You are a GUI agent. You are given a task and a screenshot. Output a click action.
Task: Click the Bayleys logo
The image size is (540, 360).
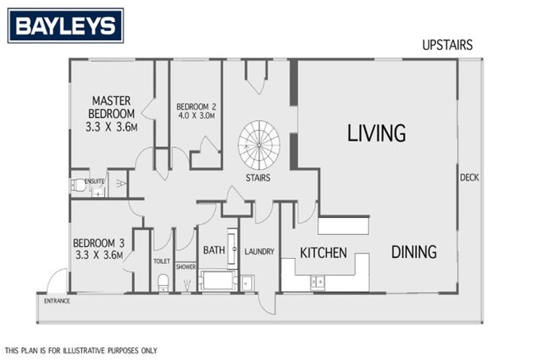(65, 26)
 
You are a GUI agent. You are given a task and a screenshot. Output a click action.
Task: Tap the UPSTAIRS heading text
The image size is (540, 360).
(447, 45)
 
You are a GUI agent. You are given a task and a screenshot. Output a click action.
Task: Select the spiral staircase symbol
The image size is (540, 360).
(259, 143)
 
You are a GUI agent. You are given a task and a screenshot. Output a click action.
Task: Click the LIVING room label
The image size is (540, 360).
(376, 133)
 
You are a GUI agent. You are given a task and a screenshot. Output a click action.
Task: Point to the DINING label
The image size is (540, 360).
(413, 251)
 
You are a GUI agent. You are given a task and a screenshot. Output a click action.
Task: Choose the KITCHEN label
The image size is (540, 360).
(323, 252)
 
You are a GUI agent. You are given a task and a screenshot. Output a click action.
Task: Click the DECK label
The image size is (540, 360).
(469, 177)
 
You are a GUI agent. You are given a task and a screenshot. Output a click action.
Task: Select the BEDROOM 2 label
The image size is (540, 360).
(195, 111)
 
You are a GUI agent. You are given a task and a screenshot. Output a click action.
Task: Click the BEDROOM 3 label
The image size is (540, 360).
(98, 249)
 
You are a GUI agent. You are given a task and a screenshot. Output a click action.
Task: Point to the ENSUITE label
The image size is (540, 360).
(94, 181)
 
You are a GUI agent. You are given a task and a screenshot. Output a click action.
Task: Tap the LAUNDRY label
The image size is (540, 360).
(259, 252)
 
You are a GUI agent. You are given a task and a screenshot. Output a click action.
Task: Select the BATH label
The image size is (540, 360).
(214, 250)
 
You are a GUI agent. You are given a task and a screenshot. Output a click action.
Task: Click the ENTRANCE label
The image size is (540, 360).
(57, 301)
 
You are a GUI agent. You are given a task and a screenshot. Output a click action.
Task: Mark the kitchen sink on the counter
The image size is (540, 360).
(318, 282)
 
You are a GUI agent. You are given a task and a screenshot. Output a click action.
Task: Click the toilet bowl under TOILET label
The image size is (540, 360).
(162, 282)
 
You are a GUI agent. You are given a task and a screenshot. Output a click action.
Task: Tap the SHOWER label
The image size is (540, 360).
(186, 266)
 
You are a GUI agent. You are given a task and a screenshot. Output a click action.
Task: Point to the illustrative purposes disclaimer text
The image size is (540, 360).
(81, 349)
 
